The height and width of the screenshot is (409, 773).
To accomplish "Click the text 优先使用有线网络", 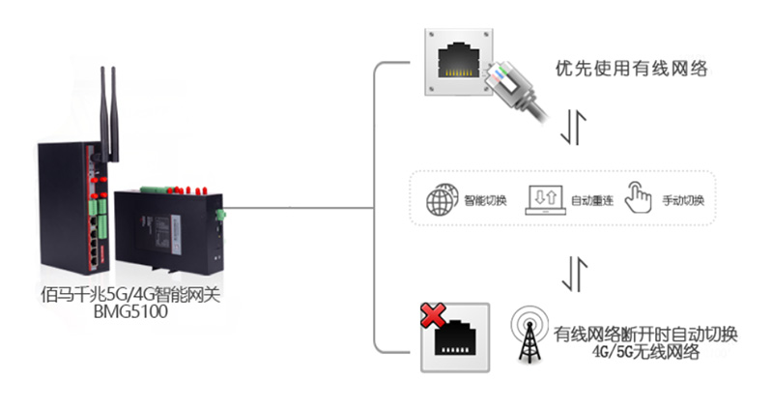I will click(633, 69).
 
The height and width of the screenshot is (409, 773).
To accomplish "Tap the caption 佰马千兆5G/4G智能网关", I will click(131, 296).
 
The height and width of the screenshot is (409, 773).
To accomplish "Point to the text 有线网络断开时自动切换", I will click(646, 335).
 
